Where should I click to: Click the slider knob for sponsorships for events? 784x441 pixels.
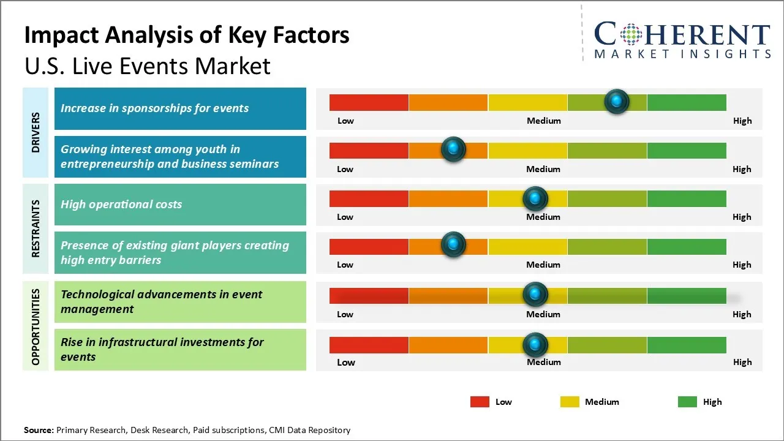click(x=617, y=101)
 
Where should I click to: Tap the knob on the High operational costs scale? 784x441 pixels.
click(x=535, y=198)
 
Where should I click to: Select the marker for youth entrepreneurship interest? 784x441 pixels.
click(x=453, y=149)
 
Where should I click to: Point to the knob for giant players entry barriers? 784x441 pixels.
click(x=453, y=244)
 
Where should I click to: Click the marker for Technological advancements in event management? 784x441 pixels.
click(x=535, y=295)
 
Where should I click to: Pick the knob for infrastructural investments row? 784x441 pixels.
click(x=535, y=345)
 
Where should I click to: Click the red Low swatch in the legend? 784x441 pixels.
click(x=480, y=402)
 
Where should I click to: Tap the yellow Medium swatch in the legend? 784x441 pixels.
click(x=570, y=402)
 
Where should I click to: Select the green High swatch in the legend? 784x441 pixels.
click(x=687, y=402)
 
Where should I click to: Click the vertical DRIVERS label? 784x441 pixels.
click(x=36, y=132)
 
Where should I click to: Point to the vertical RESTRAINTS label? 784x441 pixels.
click(x=36, y=228)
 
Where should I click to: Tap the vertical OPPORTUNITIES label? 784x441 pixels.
click(x=36, y=326)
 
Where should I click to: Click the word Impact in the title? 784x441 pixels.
click(x=61, y=36)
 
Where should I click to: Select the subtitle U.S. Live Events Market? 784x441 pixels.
click(x=147, y=66)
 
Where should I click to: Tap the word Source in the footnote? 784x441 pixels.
click(x=38, y=430)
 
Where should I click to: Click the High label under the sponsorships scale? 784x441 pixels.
click(x=742, y=121)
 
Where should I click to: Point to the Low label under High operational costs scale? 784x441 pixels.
click(x=345, y=217)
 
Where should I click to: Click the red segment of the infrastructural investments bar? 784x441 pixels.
click(x=369, y=345)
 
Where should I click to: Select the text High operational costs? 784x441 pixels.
click(x=121, y=205)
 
